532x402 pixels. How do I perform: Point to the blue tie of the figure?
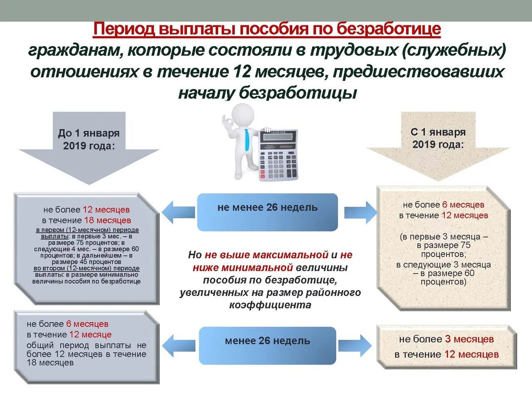coord(247,139)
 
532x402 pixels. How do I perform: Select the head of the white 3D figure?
coord(243,114)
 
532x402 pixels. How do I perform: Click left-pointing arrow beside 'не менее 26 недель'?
coord(177,212)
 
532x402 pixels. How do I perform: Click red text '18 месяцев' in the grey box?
coord(107,220)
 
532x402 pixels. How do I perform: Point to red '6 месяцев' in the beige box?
coord(463,205)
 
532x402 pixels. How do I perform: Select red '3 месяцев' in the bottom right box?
coord(469,339)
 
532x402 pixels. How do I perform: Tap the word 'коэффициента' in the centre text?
coord(270,305)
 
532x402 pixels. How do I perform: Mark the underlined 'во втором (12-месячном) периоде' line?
coord(86,269)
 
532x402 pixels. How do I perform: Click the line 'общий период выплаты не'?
coord(86,345)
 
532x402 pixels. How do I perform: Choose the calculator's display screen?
coord(278,136)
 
